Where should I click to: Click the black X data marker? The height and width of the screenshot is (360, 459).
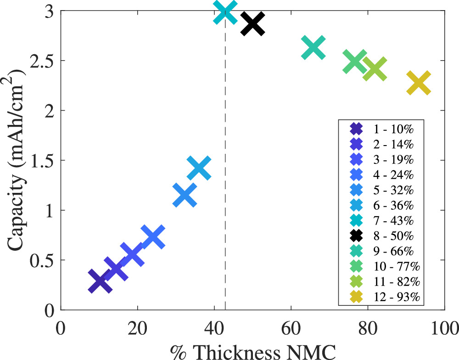pos(252,23)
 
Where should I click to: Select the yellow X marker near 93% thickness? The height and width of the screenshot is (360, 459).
pos(418,84)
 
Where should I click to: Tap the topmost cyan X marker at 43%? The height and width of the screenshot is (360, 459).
pos(225,11)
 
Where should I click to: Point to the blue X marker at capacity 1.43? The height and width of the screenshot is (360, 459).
pos(199,168)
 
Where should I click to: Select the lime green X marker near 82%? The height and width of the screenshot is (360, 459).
pos(375,69)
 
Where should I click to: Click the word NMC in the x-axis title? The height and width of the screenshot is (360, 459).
pos(316,351)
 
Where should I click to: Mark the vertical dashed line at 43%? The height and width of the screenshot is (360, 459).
pos(225,184)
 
